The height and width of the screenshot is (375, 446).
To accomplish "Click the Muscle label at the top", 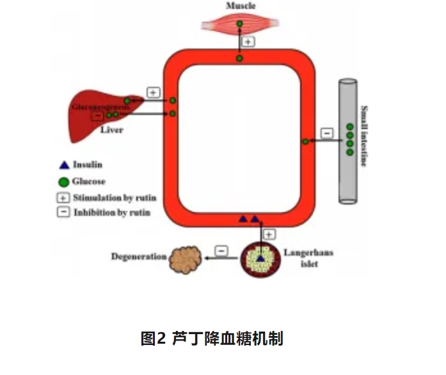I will pyautogui.click(x=240, y=6).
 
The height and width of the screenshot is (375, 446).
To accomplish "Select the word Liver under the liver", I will pyautogui.click(x=111, y=130).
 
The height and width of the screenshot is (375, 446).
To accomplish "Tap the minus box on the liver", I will pyautogui.click(x=97, y=116).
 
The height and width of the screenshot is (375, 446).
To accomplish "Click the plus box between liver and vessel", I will pyautogui.click(x=154, y=93).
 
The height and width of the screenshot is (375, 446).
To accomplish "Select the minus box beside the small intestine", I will pyautogui.click(x=326, y=133).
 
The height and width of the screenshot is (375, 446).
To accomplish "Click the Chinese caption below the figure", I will pyautogui.click(x=212, y=338).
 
